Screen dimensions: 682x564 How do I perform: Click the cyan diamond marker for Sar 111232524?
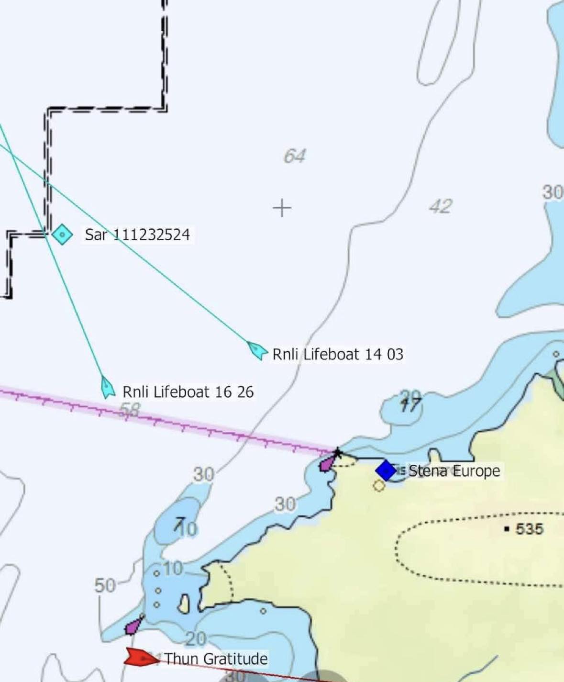[x=62, y=235]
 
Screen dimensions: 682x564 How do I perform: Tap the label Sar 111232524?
[x=137, y=235]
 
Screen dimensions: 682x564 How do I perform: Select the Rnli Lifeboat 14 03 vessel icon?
[x=257, y=350]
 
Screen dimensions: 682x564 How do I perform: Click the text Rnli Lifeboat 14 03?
[x=338, y=354]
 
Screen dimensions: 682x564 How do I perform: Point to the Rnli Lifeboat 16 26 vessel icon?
[x=107, y=387]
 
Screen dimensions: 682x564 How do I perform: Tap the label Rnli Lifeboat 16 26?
[x=188, y=392]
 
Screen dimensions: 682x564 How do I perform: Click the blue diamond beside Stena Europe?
[x=386, y=470]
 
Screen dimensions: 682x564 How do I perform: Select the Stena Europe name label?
[x=454, y=471]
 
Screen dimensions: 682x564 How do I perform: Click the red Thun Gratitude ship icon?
[x=141, y=658]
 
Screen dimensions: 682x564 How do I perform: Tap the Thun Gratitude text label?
[x=216, y=659]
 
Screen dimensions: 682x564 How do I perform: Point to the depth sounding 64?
[x=294, y=156]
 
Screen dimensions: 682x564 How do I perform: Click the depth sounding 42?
[x=440, y=206]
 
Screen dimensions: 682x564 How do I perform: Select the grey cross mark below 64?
[x=282, y=208]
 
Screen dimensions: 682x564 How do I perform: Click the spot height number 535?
[x=529, y=529]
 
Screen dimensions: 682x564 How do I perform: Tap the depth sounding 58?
[x=130, y=410]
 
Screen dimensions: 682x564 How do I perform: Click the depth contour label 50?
[x=104, y=585]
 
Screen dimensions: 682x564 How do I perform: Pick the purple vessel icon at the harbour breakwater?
[x=327, y=463]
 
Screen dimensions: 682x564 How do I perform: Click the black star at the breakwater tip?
[x=338, y=452]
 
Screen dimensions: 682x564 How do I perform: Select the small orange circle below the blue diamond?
[x=379, y=486]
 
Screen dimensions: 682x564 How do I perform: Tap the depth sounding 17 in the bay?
[x=410, y=405]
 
